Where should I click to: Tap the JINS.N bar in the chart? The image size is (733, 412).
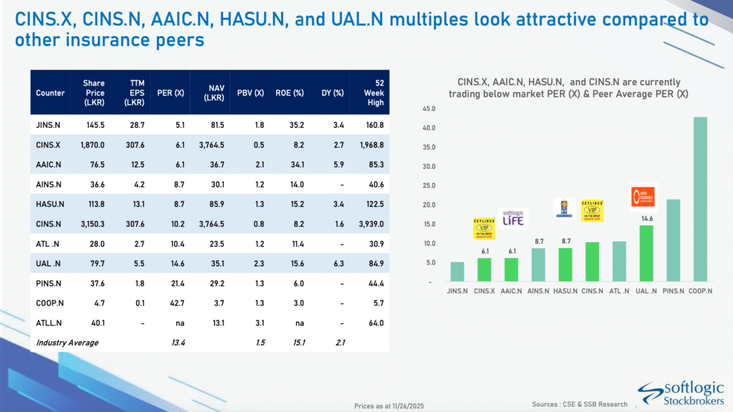pos(457,272)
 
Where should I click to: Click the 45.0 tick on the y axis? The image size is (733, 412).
pos(429,109)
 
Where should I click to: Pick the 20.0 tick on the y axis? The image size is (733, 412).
pos(429,205)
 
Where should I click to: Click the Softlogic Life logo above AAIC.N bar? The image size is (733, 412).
pos(513,217)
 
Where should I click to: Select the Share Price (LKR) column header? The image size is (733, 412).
pos(94,92)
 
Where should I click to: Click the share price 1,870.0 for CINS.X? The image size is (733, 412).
pos(93,145)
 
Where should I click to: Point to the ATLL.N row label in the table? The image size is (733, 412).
pos(48,323)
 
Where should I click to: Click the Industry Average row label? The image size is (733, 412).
pos(67,343)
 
